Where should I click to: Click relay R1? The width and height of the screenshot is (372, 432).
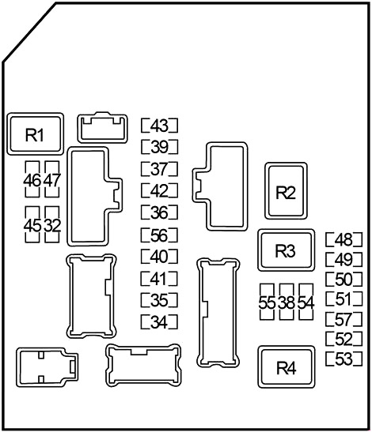click(x=36, y=134)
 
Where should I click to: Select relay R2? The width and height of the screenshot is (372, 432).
click(x=286, y=191)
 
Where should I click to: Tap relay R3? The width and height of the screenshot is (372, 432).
click(x=286, y=250)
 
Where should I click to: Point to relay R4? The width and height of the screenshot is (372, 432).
click(x=287, y=366)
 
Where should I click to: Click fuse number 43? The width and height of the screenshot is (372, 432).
click(x=159, y=126)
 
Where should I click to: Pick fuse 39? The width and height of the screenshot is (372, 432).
click(x=159, y=147)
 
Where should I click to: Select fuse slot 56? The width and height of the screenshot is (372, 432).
click(x=159, y=235)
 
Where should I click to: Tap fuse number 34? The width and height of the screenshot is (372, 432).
click(x=159, y=321)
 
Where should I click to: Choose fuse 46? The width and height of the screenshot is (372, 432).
click(x=32, y=179)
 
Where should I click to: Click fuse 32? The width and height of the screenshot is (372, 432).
click(x=52, y=225)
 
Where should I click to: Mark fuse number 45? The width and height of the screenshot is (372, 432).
click(x=32, y=225)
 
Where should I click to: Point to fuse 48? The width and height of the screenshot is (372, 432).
click(x=344, y=240)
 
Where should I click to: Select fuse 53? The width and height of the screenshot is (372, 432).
click(x=344, y=359)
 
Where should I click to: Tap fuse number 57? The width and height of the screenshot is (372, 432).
click(x=344, y=319)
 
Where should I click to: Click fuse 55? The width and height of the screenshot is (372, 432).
click(x=267, y=302)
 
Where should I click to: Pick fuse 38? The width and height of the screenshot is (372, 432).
click(x=287, y=302)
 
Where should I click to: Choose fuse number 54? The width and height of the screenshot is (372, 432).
click(x=306, y=302)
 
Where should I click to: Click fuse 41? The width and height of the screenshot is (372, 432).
click(x=159, y=279)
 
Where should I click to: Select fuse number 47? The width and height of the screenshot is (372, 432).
click(x=52, y=179)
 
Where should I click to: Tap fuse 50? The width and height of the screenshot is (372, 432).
click(x=344, y=279)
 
